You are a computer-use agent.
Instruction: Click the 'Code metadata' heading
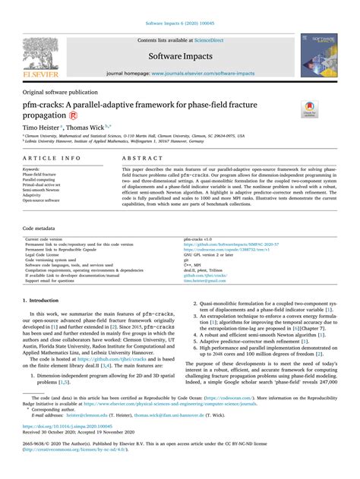pos(39,228)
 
